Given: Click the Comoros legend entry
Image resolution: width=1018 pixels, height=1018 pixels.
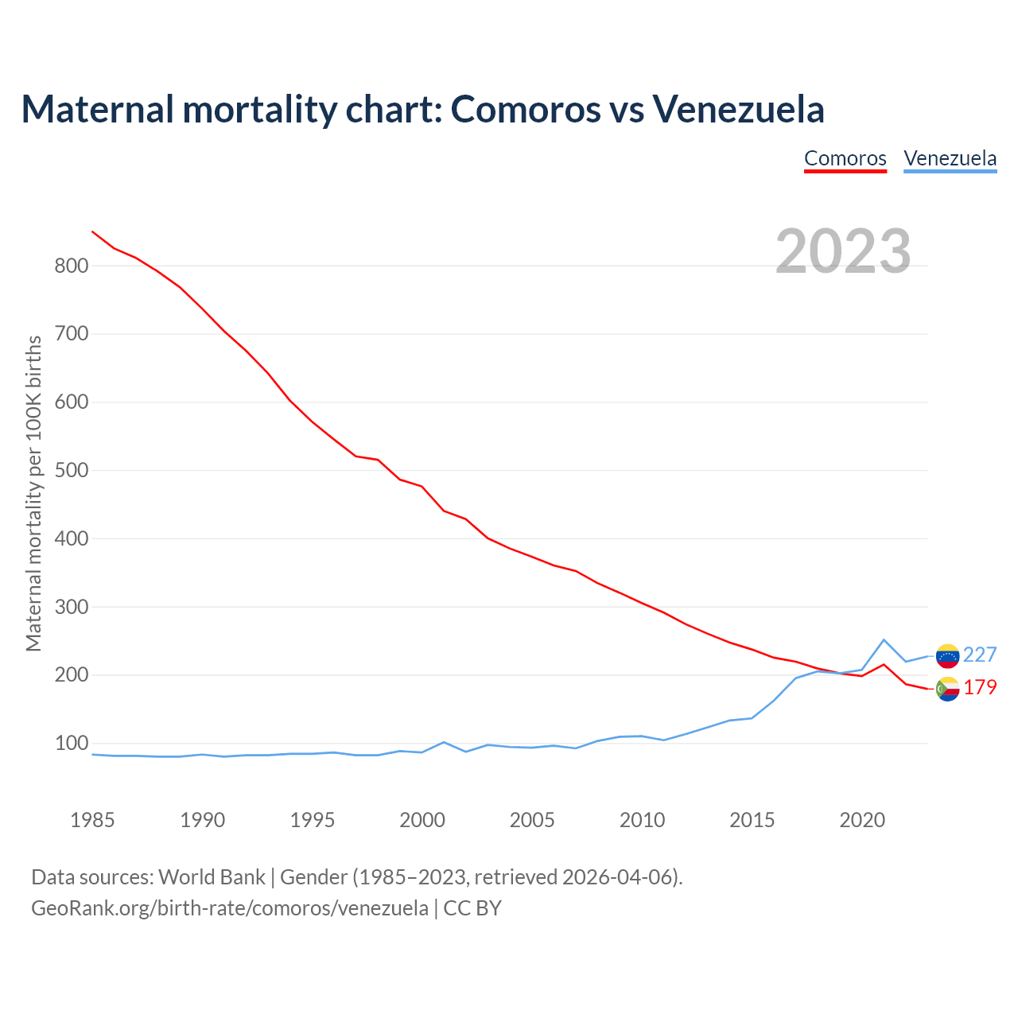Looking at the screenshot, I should tap(845, 158).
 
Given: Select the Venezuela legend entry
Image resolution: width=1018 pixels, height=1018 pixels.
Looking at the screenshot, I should tap(950, 158).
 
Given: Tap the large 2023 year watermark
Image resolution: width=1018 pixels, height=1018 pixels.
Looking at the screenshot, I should tap(843, 251).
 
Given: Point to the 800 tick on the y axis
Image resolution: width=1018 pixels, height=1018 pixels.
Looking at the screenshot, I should tap(71, 266).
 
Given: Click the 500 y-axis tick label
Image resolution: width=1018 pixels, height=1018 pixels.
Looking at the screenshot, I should tap(71, 471).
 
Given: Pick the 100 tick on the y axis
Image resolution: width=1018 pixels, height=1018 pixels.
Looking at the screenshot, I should tap(71, 744).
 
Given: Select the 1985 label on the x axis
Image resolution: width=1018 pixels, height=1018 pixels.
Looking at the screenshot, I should tap(92, 820).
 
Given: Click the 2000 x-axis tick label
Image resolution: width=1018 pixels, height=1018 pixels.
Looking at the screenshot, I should tap(422, 820).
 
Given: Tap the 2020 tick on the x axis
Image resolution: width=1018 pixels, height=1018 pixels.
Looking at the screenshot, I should tap(862, 820).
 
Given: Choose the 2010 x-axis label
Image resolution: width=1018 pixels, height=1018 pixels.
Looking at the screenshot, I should tap(642, 820).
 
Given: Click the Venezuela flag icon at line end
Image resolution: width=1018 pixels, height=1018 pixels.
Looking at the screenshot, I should tap(947, 655).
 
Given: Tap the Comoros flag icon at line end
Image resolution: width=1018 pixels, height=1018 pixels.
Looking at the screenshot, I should tap(947, 689).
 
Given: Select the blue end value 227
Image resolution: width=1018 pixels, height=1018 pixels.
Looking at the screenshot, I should tap(980, 655).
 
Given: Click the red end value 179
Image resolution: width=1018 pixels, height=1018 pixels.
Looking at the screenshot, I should tap(980, 688).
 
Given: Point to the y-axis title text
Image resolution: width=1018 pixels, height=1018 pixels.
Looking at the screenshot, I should tap(33, 493).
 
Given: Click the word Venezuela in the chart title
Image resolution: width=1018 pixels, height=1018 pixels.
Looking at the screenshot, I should tap(738, 109).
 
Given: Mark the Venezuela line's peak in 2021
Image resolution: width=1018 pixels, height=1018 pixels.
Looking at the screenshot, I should tap(884, 639).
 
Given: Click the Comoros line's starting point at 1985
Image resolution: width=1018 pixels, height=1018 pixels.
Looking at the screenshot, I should tap(93, 231).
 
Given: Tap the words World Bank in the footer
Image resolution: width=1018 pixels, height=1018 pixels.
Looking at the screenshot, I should tap(212, 877).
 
